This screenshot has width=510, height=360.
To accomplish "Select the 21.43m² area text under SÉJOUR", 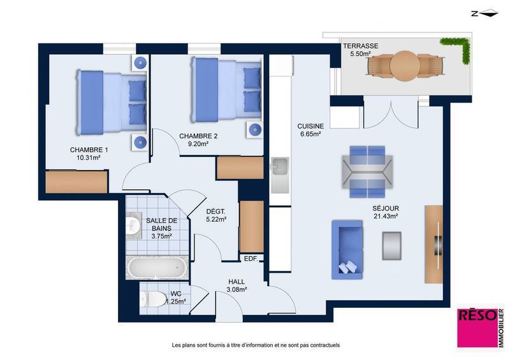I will click(385, 217).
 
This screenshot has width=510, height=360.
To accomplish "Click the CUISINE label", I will click(310, 126).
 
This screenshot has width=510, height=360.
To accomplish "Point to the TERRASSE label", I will click(360, 47).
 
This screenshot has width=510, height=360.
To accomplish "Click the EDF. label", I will click(251, 259).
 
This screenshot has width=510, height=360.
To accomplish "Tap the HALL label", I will click(237, 281).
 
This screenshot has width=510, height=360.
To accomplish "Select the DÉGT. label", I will click(216, 212).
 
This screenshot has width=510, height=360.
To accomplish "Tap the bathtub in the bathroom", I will click(157, 268).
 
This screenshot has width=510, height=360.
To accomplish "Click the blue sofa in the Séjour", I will click(347, 249).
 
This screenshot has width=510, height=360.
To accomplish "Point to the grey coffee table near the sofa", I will click(392, 245).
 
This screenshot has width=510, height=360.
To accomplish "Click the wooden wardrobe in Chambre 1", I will click(76, 182).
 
